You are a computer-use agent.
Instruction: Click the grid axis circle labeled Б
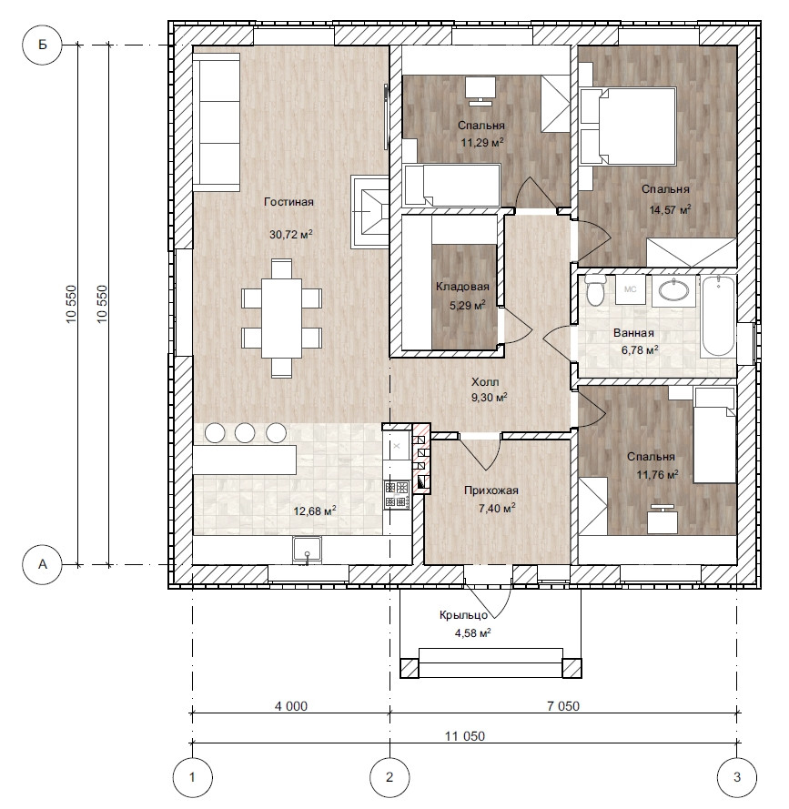pyautogui.click(x=42, y=45)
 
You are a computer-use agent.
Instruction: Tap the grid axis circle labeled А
pyautogui.click(x=42, y=564)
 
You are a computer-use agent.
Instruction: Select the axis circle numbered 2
pyautogui.click(x=389, y=777)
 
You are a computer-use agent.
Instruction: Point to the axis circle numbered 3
pyautogui.click(x=737, y=777)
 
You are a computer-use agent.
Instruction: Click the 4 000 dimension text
pyautogui.click(x=291, y=706)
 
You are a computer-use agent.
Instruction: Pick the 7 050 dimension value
pyautogui.click(x=563, y=706)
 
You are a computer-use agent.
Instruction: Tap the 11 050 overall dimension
pyautogui.click(x=465, y=735)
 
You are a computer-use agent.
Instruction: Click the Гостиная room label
pyautogui.click(x=289, y=202)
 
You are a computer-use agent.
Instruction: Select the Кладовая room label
pyautogui.click(x=462, y=287)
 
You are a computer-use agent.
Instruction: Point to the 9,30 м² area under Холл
pyautogui.click(x=490, y=398)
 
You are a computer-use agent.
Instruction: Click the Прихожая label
pyautogui.click(x=491, y=490)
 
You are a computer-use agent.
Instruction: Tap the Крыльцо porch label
pyautogui.click(x=464, y=615)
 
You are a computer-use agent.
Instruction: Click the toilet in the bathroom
pyautogui.click(x=596, y=289)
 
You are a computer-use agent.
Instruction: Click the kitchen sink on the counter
pyautogui.click(x=308, y=550)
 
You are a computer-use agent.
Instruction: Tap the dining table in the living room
pyautogui.click(x=282, y=318)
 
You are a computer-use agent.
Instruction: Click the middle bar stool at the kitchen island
pyautogui.click(x=245, y=433)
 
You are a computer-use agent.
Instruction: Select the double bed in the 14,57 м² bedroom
pyautogui.click(x=628, y=126)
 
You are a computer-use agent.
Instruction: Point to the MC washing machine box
pyautogui.click(x=631, y=289)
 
